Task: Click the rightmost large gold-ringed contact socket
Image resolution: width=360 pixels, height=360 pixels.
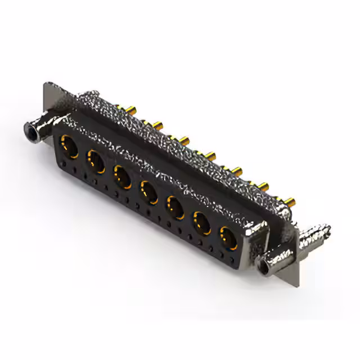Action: [228, 238]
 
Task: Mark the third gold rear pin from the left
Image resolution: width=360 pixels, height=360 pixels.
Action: [184, 138]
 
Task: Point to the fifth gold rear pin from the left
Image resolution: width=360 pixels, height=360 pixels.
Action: [237, 169]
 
